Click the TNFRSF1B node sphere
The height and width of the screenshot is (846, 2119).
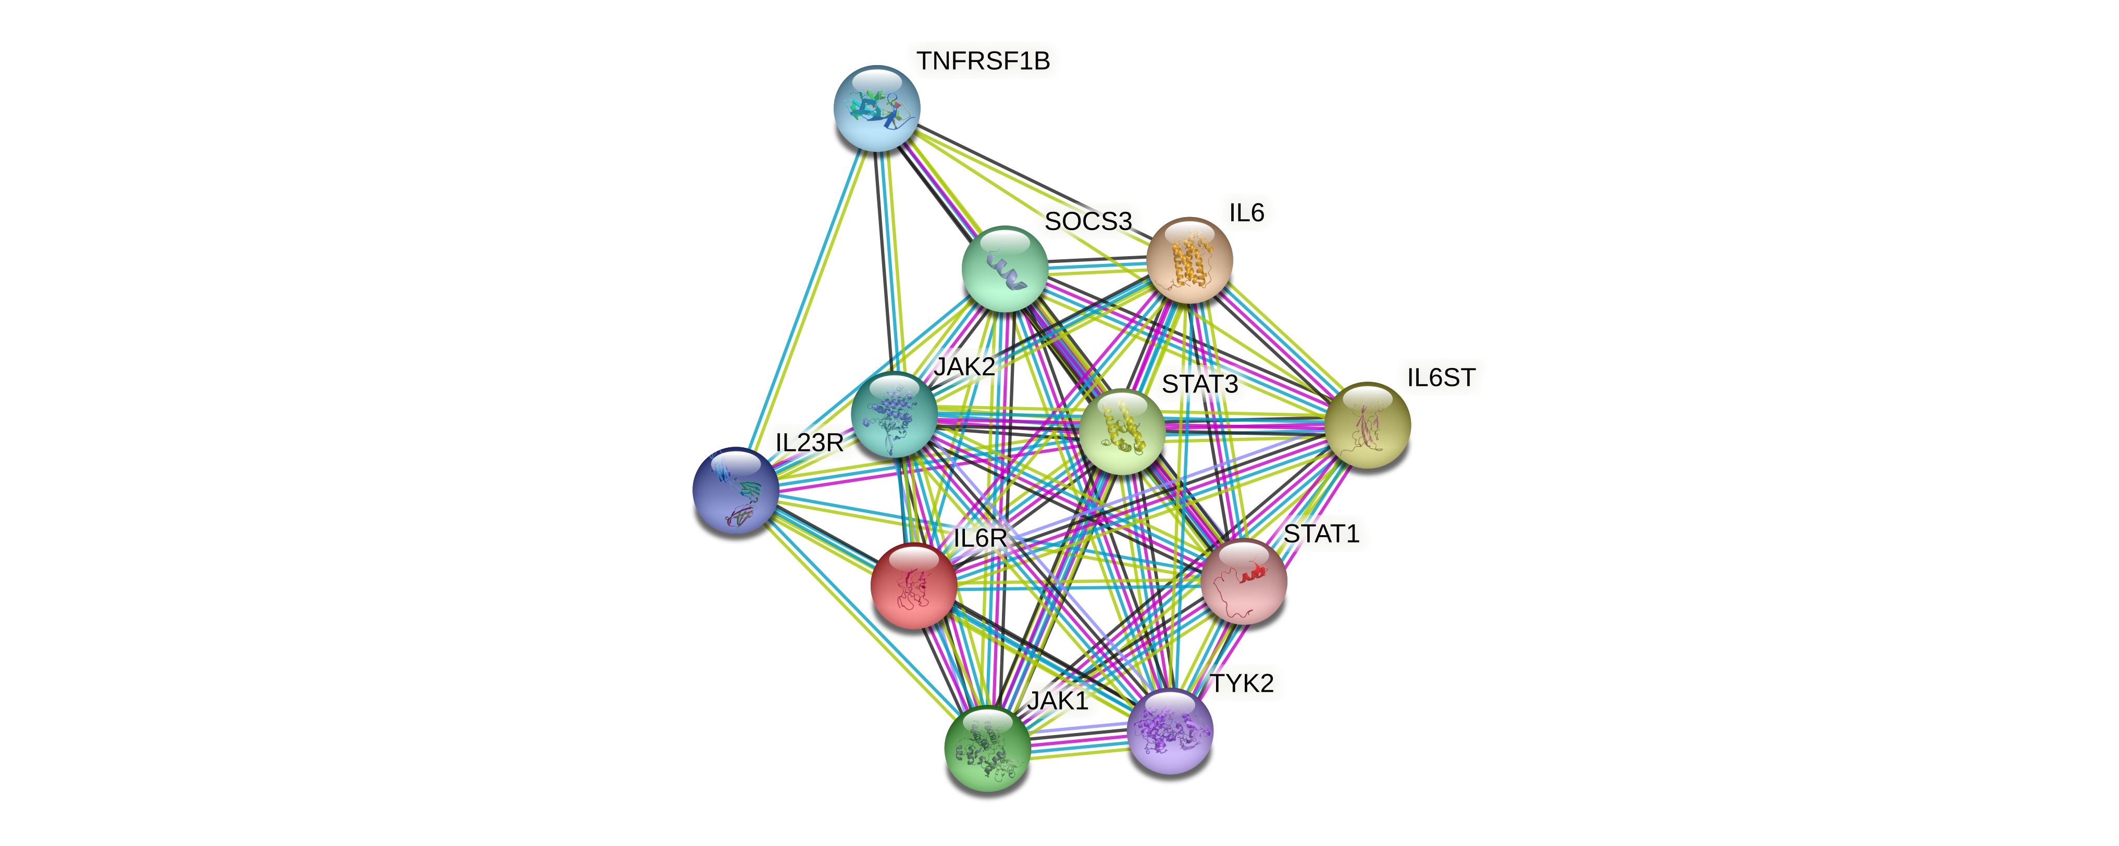tap(877, 108)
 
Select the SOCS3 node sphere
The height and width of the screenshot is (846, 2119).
tap(1005, 269)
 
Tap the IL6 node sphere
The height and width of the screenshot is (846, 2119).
tap(1189, 260)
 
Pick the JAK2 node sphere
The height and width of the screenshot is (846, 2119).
tap(894, 415)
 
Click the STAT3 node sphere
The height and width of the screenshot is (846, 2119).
tap(1121, 432)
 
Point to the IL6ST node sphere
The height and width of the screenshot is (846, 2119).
tap(1367, 425)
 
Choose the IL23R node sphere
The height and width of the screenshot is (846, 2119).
tap(735, 490)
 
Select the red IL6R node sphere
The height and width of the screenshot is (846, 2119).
tap(913, 585)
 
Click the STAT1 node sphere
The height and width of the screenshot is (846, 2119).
tap(1244, 581)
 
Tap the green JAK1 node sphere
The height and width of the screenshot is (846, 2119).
tap(987, 748)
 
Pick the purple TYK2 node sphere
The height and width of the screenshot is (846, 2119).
tap(1169, 731)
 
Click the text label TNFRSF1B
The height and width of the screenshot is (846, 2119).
tap(983, 61)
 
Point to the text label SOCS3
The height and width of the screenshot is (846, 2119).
tap(1087, 221)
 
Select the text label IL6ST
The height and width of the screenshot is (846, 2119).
tap(1440, 378)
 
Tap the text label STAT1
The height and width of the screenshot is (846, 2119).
tap(1321, 534)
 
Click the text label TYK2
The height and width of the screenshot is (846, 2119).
tap(1241, 683)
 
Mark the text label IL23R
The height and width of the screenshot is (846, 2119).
tap(809, 443)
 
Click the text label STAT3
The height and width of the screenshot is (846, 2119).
tap(1199, 384)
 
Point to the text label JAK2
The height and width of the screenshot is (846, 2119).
tap(964, 367)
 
